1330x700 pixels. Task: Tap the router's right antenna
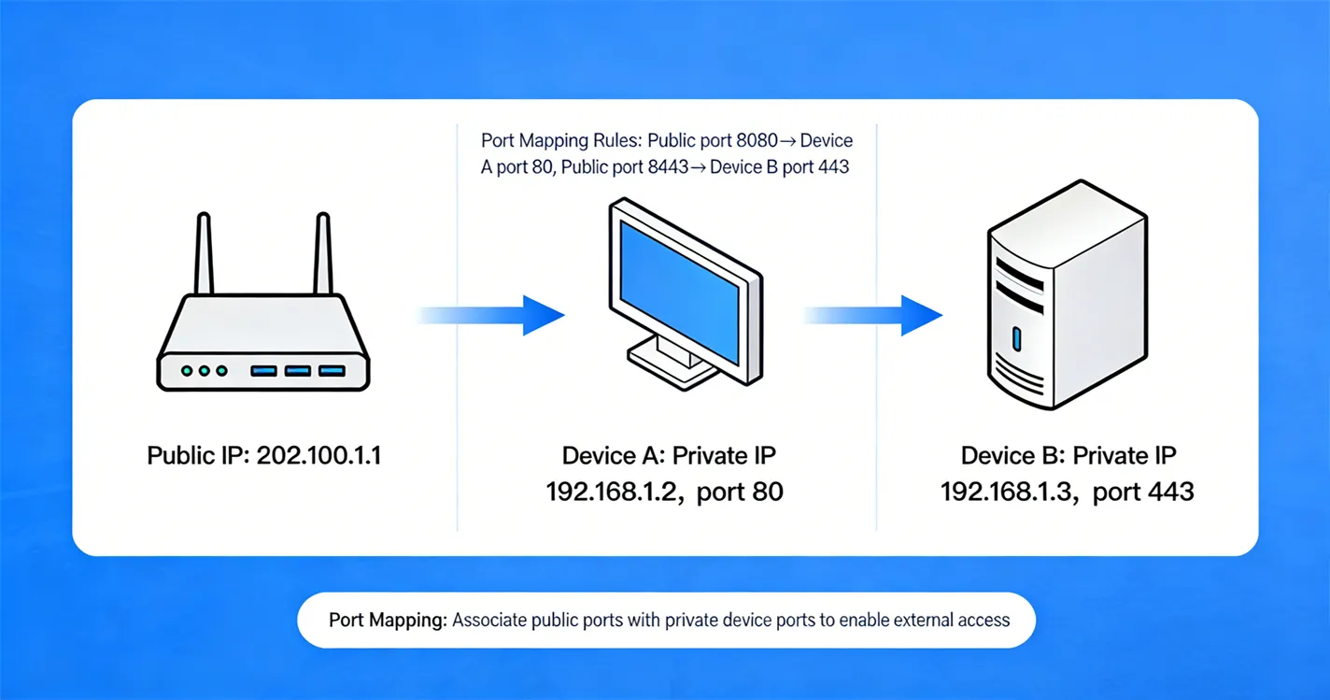click(x=322, y=254)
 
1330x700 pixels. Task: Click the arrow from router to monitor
click(x=504, y=315)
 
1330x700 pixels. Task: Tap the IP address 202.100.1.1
click(x=318, y=456)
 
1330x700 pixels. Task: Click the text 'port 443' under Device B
click(x=1143, y=491)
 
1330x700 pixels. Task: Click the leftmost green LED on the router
click(x=187, y=371)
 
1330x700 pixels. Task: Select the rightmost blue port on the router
click(x=332, y=371)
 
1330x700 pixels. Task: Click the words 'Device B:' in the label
click(x=1012, y=456)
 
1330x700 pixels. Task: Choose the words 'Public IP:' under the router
click(x=198, y=456)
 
